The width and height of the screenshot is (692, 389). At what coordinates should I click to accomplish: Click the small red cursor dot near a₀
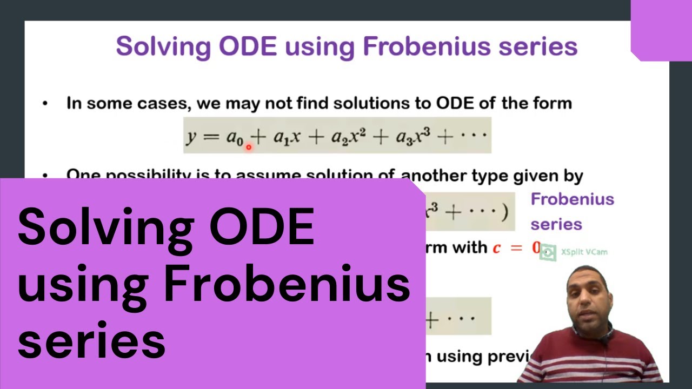[249, 146]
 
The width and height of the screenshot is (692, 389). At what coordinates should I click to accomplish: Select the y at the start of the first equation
[191, 137]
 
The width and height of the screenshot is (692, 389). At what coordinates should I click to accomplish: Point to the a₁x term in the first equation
[286, 138]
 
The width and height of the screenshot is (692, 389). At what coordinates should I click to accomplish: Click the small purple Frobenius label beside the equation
[572, 199]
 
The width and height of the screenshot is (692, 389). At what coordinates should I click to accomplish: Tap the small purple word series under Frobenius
[556, 224]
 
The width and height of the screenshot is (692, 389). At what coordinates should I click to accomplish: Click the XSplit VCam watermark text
[583, 252]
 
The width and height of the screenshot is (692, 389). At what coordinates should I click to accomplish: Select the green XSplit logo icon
[548, 252]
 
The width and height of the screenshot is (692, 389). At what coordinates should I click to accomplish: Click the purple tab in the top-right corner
[661, 30]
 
